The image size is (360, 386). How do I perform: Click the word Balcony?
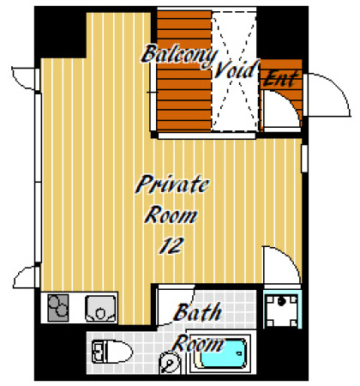tap(179, 56)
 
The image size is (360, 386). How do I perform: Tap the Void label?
tap(237, 69)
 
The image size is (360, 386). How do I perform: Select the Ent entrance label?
tap(281, 78)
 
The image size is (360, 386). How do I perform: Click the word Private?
tap(172, 184)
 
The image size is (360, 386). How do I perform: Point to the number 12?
tap(171, 245)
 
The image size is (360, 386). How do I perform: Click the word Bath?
tap(198, 312)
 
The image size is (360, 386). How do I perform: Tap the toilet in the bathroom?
tap(112, 352)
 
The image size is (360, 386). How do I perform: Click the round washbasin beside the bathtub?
tap(170, 363)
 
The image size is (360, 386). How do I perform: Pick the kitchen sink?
tap(101, 308)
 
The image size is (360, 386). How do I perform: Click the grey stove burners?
tap(58, 308)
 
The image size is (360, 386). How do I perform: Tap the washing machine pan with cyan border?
tap(282, 310)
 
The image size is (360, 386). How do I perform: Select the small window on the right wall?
tap(304, 159)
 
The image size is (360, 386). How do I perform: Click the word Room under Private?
tap(171, 215)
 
